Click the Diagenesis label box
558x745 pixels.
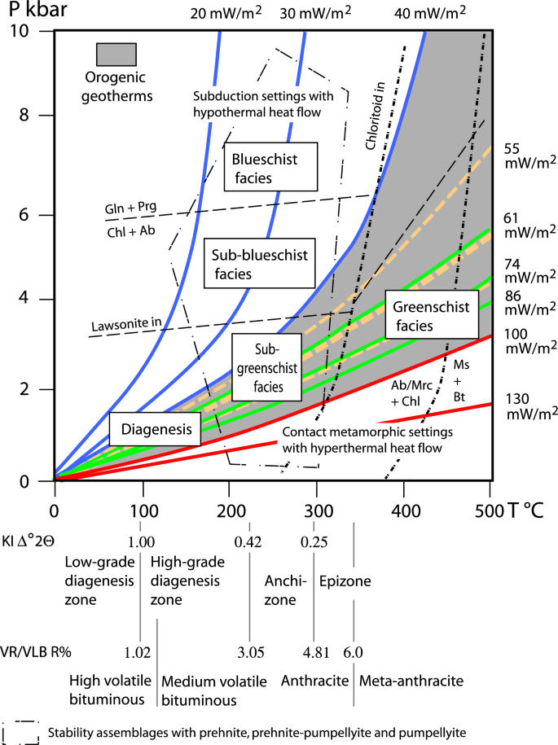tap(154, 429)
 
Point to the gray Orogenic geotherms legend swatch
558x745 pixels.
tap(116, 54)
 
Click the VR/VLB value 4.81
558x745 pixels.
tap(313, 652)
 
